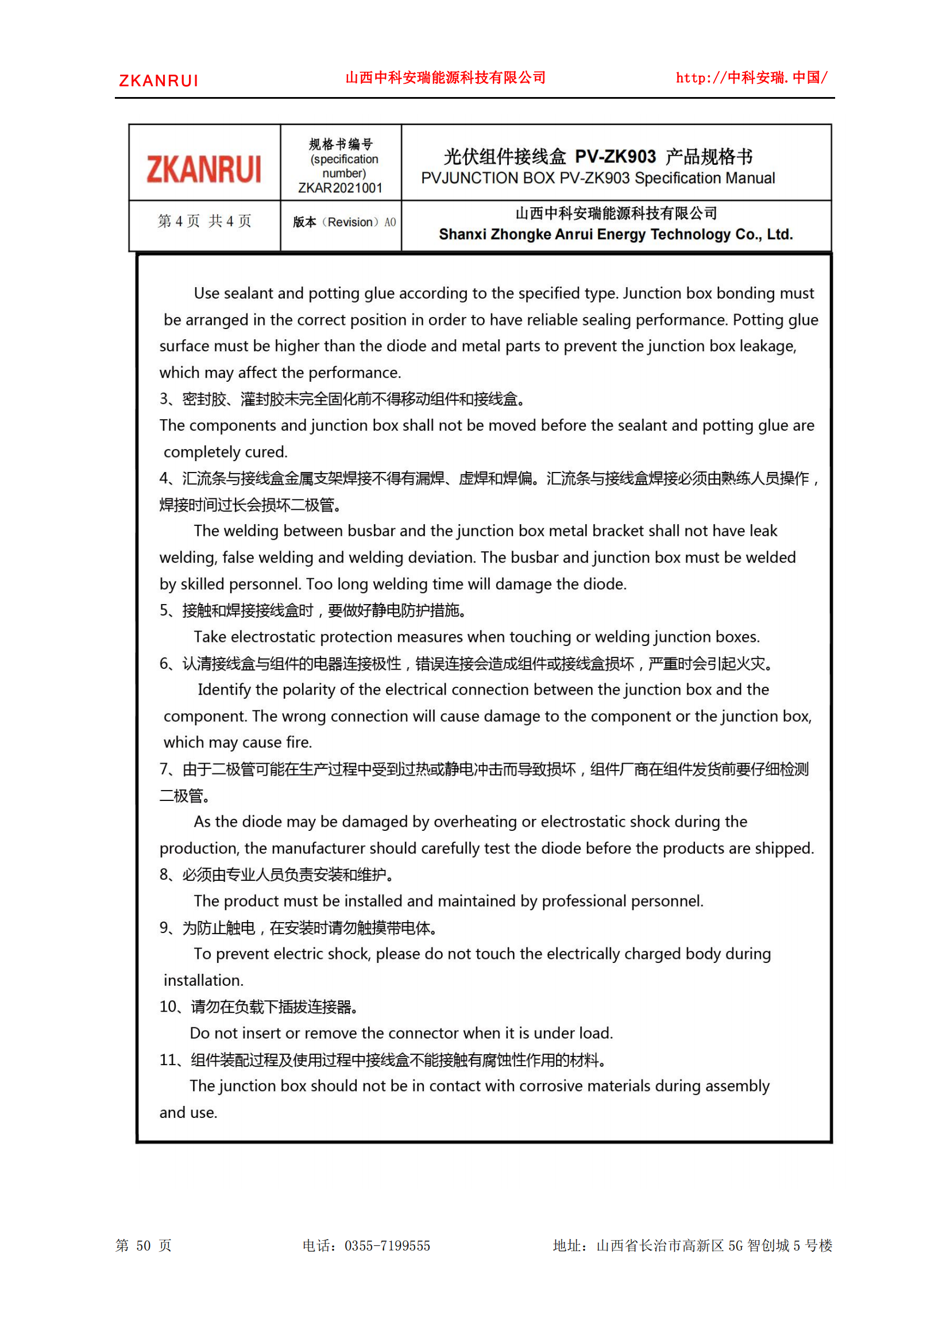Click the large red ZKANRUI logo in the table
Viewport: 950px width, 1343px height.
click(x=203, y=169)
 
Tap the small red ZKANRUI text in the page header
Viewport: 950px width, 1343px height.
click(x=159, y=81)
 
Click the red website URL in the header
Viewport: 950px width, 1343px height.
click(x=751, y=78)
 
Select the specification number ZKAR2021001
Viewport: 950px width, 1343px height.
click(x=340, y=188)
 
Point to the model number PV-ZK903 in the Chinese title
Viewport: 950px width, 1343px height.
click(x=615, y=157)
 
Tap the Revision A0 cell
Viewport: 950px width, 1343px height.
click(x=344, y=222)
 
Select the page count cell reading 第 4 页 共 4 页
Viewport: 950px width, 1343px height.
click(x=204, y=221)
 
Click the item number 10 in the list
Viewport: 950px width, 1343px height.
click(x=168, y=1007)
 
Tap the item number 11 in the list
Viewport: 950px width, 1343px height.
click(x=168, y=1060)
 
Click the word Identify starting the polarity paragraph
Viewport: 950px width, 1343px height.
click(x=224, y=690)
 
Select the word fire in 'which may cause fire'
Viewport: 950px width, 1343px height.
click(x=299, y=742)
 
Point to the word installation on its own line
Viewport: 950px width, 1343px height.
click(x=203, y=980)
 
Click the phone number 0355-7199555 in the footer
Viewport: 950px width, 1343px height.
click(x=387, y=1246)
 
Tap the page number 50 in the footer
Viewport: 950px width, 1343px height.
click(x=144, y=1246)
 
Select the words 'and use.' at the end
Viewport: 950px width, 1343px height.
click(x=188, y=1113)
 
